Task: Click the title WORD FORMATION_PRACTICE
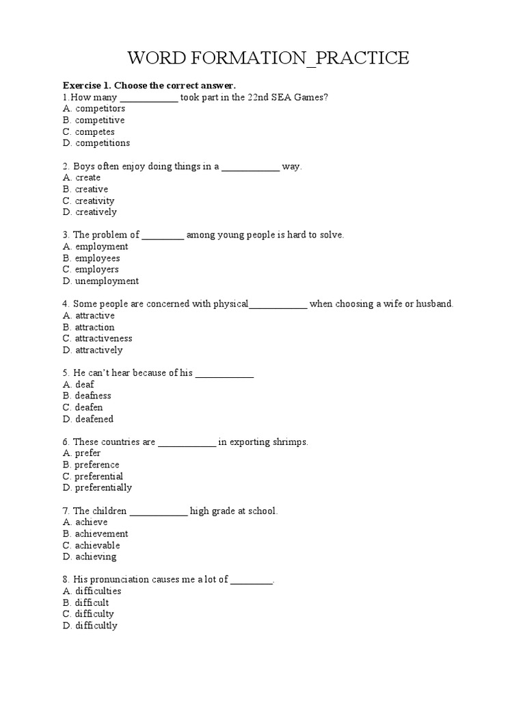coord(262,58)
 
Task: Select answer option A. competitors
coord(94,108)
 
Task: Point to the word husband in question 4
coord(435,304)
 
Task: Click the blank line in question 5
coord(225,373)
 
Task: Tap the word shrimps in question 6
coord(290,442)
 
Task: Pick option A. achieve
coord(85,522)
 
